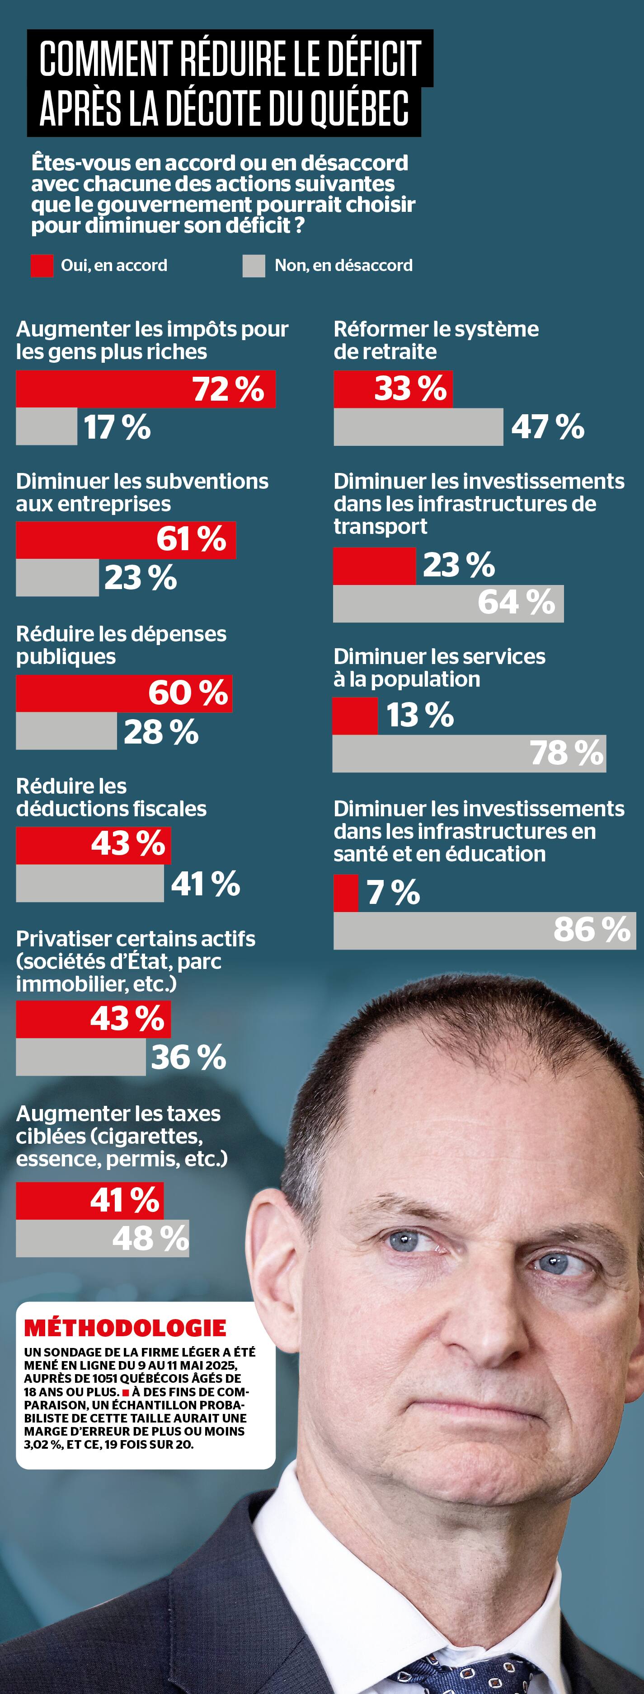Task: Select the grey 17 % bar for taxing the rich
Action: point(46,427)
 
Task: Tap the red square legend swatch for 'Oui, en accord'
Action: point(42,266)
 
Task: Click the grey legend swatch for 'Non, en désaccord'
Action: point(253,266)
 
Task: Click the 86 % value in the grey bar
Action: point(592,929)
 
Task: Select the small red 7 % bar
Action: point(346,892)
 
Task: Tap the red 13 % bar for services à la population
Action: point(355,716)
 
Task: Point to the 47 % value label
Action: point(548,427)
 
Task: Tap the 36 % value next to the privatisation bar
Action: point(189,1058)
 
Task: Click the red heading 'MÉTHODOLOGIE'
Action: point(125,1328)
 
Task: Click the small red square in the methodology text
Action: point(126,1392)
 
